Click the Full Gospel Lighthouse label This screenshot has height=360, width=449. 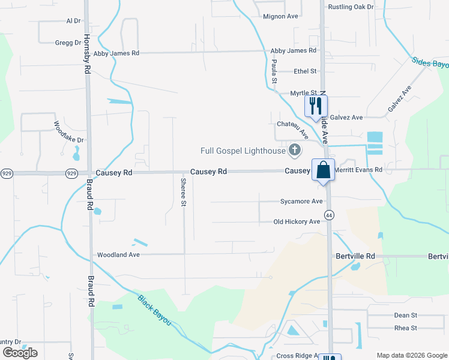pos(243,150)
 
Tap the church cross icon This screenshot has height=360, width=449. pos(295,150)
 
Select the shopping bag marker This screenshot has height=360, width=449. pos(323,170)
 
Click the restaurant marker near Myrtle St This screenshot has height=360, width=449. pos(316,106)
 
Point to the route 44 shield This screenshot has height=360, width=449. pos(329,214)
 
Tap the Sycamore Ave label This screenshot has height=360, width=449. pos(301,202)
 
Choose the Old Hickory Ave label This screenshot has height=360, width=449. pos(297,222)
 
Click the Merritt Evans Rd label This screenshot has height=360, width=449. pos(358,170)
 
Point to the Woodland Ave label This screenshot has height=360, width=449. pos(118,254)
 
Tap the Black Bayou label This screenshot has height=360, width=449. pos(155,310)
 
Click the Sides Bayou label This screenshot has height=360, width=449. pos(430,62)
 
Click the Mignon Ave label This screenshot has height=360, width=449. pos(280,17)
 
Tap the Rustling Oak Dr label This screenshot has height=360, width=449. pos(351,7)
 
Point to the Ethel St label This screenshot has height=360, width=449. pos(305,71)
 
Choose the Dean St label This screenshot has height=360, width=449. pos(405,315)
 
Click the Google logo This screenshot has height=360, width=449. pos(20,353)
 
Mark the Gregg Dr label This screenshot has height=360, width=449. pos(68,43)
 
